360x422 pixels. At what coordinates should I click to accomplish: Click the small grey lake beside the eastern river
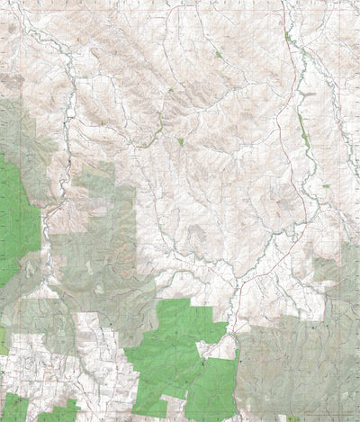coord(307,94)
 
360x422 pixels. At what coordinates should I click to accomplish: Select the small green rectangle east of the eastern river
coord(326,185)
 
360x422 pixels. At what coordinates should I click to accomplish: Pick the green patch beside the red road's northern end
coord(288,39)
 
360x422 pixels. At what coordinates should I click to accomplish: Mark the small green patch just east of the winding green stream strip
coord(180,141)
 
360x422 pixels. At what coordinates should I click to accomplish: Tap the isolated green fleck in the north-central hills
coord(219,55)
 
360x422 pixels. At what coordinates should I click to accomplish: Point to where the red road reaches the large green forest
coord(232,333)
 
